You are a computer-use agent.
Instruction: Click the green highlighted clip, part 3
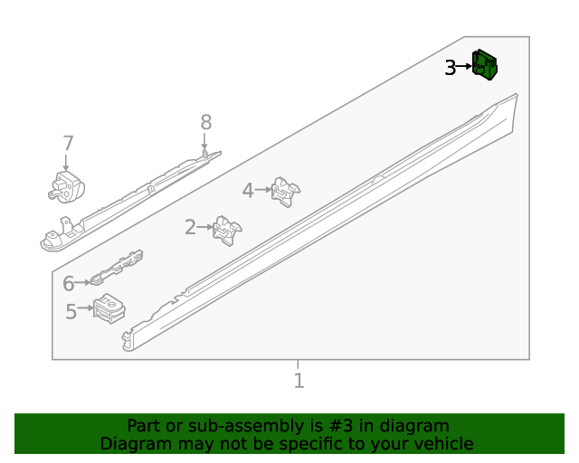(x=485, y=64)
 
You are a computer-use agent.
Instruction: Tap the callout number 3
(x=451, y=68)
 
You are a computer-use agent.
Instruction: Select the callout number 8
(x=206, y=122)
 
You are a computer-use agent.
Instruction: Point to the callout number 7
(x=69, y=143)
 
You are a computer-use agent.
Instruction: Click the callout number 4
(x=248, y=191)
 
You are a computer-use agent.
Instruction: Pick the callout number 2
(x=190, y=227)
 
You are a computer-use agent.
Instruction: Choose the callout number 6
(x=69, y=284)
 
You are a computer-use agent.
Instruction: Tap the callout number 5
(x=71, y=312)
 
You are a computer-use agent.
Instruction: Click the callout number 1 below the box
(x=299, y=381)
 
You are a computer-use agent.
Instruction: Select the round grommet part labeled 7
(x=66, y=187)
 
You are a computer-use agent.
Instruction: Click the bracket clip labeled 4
(x=286, y=192)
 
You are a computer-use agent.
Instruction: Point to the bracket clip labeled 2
(x=227, y=231)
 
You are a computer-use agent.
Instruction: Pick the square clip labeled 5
(x=109, y=308)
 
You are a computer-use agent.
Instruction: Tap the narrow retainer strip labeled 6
(x=117, y=268)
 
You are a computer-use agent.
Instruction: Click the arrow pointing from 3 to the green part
(x=464, y=67)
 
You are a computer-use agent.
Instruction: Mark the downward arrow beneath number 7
(x=66, y=163)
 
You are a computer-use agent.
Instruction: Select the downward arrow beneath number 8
(x=204, y=142)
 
